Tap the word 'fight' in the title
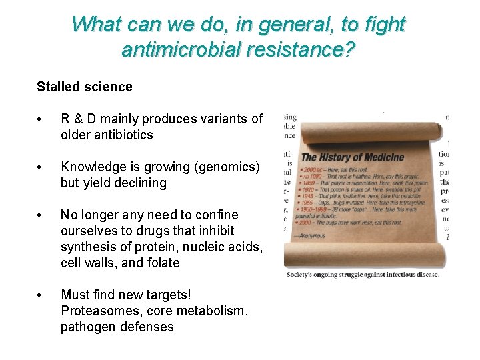pyautogui.click(x=381, y=24)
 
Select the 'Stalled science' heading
pyautogui.click(x=85, y=87)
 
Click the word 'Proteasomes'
pyautogui.click(x=96, y=311)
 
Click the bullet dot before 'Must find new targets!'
pyautogui.click(x=41, y=295)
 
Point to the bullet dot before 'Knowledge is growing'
pyautogui.click(x=41, y=167)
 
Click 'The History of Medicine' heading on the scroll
pyautogui.click(x=353, y=157)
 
